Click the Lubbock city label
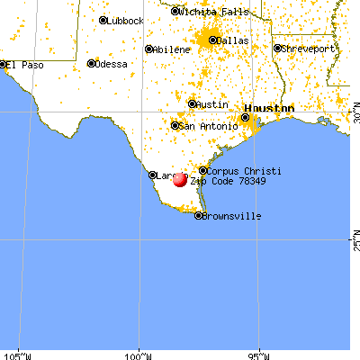[126, 20]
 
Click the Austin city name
[211, 104]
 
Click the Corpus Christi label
[245, 171]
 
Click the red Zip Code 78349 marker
[179, 179]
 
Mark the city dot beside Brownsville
[199, 214]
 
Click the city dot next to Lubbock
[103, 20]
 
